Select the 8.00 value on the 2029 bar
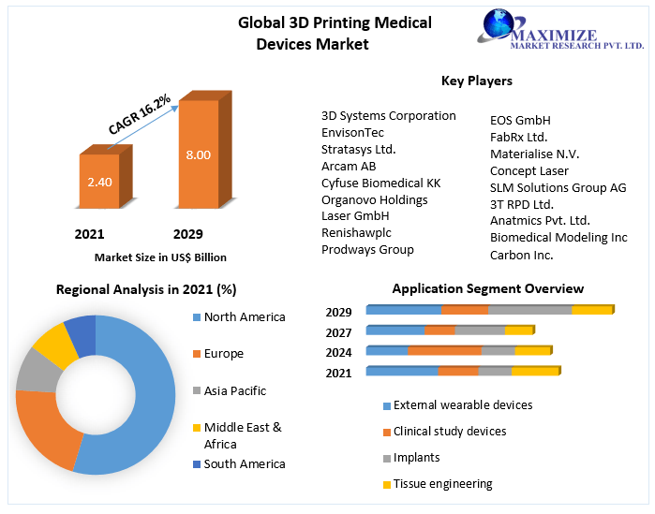198,154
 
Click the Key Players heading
477,81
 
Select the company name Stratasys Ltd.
358,149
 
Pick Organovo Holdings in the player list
374,199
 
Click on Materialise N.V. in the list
534,154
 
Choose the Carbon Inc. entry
521,255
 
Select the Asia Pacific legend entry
235,390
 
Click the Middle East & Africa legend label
243,435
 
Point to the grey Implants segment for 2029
529,310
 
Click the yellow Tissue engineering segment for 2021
535,372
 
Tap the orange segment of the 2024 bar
444,351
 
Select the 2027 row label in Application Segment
339,332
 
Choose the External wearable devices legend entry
462,405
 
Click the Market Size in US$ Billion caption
160,257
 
